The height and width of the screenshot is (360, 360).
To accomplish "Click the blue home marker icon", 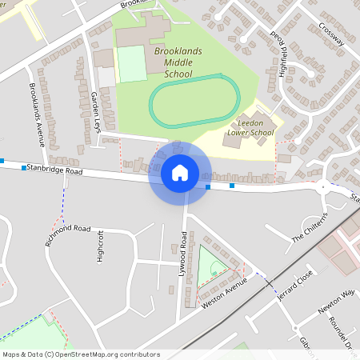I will [x=180, y=172].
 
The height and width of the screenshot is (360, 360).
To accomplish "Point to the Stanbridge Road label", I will [x=54, y=170].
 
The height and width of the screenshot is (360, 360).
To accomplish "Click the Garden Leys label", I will [x=94, y=107].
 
